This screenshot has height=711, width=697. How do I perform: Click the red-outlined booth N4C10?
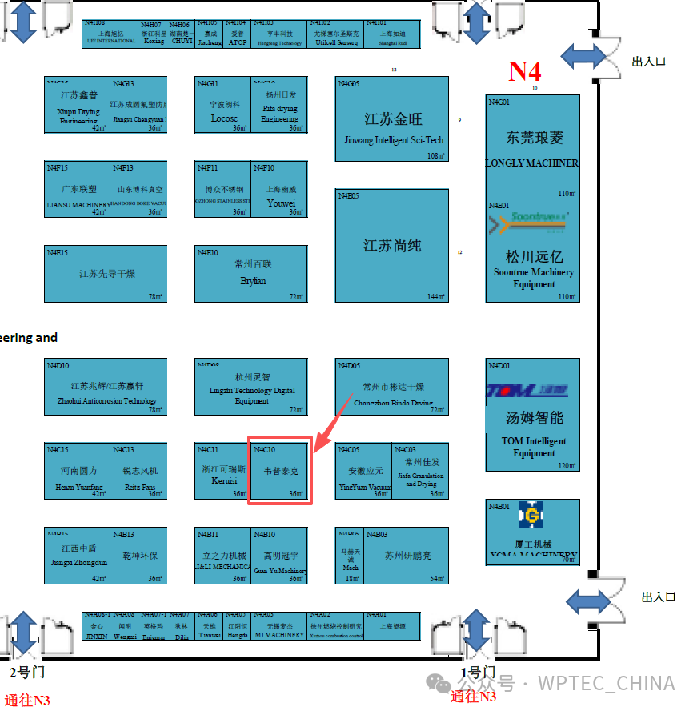(279, 471)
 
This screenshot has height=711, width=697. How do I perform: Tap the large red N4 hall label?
(525, 71)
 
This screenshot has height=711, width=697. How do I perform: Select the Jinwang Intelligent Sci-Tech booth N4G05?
(391, 119)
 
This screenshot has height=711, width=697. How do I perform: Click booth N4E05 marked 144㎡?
(391, 245)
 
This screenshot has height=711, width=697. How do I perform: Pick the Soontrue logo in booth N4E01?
(527, 222)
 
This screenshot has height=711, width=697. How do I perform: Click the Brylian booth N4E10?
(250, 273)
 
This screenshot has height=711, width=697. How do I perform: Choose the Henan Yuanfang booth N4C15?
(78, 471)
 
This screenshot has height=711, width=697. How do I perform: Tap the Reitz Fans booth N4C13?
(139, 471)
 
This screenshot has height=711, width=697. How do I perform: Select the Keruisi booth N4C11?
(222, 471)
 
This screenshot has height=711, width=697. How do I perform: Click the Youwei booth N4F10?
(279, 189)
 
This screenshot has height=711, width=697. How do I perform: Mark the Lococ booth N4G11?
(223, 105)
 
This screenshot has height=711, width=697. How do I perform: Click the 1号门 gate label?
(477, 672)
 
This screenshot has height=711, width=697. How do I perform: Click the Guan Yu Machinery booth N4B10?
(279, 556)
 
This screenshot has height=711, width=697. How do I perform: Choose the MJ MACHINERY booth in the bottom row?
(280, 625)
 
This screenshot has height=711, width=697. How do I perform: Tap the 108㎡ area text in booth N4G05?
(436, 156)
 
